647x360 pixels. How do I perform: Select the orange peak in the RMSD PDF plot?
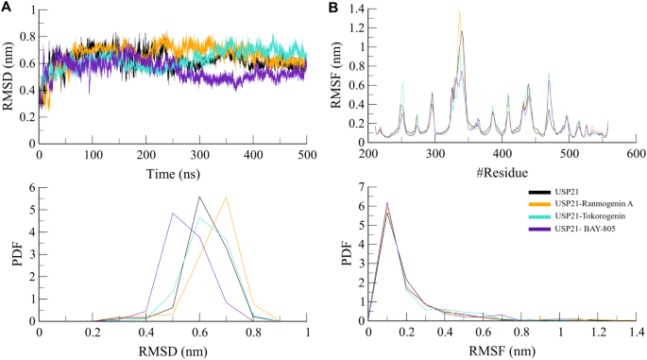[x=227, y=197]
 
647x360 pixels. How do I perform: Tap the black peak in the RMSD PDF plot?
[x=199, y=197]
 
